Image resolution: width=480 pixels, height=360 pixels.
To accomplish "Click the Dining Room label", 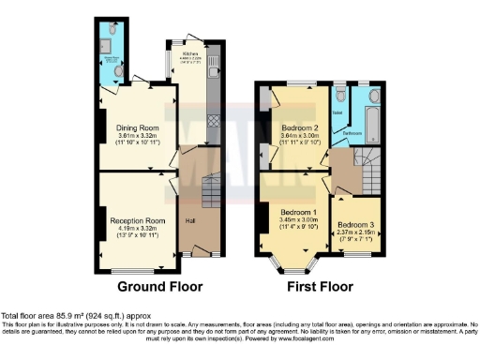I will (137, 127).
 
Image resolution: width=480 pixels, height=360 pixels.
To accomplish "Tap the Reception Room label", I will (137, 221).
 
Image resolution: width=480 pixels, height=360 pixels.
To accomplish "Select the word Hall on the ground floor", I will (190, 221).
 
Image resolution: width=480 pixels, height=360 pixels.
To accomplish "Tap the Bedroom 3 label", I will (356, 226).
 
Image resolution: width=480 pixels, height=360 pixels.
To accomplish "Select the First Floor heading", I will (320, 286).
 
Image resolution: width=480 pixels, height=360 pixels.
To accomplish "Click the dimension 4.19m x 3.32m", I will (137, 230).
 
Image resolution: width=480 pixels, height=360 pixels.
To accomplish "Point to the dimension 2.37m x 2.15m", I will (356, 234).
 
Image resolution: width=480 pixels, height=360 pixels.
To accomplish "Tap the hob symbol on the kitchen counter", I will (213, 121).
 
